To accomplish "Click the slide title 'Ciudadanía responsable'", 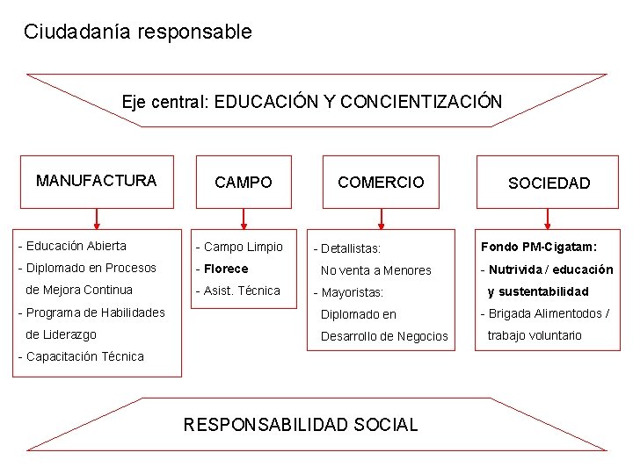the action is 137,32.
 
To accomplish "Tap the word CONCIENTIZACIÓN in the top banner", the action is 420,101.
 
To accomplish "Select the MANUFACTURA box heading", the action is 97,181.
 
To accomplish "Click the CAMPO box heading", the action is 244,183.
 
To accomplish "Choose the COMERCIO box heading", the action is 381,182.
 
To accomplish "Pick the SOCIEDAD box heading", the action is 549,183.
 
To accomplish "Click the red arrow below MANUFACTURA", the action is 97,217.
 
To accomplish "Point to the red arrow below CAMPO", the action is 244,217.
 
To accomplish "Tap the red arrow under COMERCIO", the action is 381,217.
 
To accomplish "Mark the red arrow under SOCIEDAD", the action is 549,217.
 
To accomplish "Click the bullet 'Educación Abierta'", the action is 76,246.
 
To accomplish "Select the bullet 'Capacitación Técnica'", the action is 84,355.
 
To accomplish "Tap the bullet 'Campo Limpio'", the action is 243,247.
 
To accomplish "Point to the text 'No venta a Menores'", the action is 375,270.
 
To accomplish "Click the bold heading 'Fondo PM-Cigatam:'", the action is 538,247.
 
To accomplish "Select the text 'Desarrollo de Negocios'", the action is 384,336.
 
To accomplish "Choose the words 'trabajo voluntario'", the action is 535,334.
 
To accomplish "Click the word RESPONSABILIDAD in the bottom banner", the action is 265,425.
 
